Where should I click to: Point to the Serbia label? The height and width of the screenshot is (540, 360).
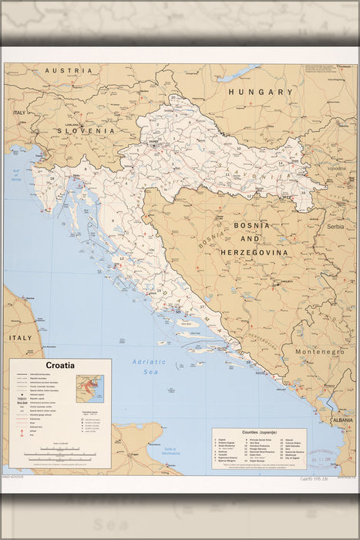pos(335,228)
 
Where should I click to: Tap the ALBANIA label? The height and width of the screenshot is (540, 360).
pos(341,420)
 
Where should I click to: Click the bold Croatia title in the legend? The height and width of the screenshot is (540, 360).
pos(60,366)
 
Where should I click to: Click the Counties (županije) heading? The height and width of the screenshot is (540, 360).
pos(259,434)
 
